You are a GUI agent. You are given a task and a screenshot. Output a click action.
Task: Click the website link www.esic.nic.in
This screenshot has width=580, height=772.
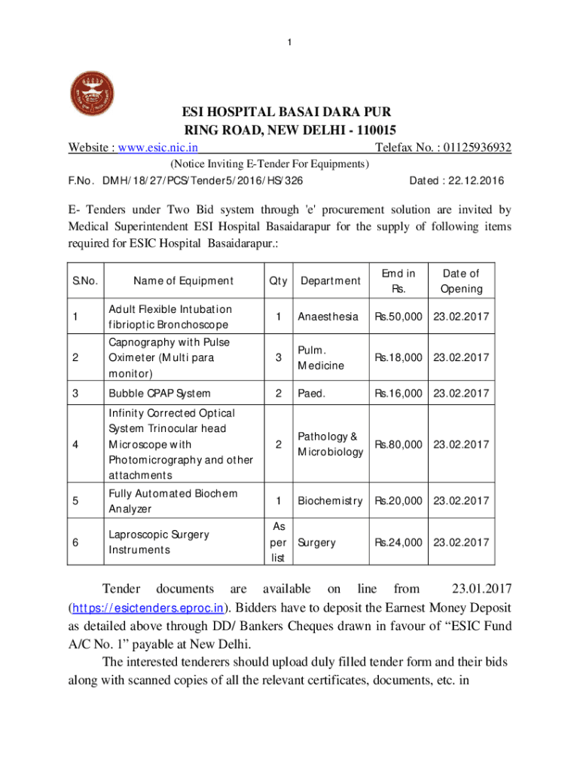point(155,148)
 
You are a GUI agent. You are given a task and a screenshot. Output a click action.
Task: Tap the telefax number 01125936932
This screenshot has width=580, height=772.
point(466,148)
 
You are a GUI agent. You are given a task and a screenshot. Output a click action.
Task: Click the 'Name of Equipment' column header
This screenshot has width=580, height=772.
point(183,281)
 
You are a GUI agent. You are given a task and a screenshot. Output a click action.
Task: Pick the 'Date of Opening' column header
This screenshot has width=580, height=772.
point(461,281)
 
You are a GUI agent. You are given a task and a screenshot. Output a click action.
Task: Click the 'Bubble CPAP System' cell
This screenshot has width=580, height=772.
point(160,393)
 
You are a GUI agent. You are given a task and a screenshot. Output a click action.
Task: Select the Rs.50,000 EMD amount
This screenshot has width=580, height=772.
point(398,317)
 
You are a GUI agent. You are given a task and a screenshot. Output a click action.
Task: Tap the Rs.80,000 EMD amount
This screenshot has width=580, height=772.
point(398,444)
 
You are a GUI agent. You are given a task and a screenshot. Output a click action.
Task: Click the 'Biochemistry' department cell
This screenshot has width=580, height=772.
point(330,501)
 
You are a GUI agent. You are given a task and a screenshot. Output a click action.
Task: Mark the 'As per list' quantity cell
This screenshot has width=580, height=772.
point(278,542)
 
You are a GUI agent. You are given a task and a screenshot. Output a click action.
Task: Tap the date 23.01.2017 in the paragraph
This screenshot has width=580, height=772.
point(481,588)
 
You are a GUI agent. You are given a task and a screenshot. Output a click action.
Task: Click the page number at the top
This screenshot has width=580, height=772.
point(290,42)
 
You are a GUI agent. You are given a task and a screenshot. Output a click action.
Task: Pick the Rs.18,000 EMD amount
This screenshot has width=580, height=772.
point(398,357)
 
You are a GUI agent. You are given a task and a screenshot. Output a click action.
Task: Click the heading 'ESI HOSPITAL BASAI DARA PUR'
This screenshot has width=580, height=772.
point(290,112)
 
